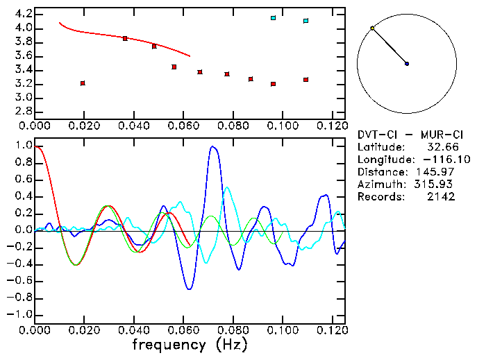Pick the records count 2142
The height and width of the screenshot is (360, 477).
442,197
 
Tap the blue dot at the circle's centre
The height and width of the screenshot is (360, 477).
407,64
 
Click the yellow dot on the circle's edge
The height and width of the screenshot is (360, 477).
373,28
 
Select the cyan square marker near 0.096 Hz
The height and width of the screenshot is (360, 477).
274,18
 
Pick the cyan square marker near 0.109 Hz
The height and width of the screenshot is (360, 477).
306,21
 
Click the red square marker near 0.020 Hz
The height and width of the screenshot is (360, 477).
83,83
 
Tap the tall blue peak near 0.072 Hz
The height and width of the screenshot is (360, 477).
213,147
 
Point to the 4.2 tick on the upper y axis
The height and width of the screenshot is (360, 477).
23,14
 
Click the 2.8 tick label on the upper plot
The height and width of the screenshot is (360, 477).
23,112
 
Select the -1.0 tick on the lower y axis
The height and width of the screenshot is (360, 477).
20,314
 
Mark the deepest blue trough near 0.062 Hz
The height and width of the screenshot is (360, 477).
190,289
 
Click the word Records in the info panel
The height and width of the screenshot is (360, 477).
379,197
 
